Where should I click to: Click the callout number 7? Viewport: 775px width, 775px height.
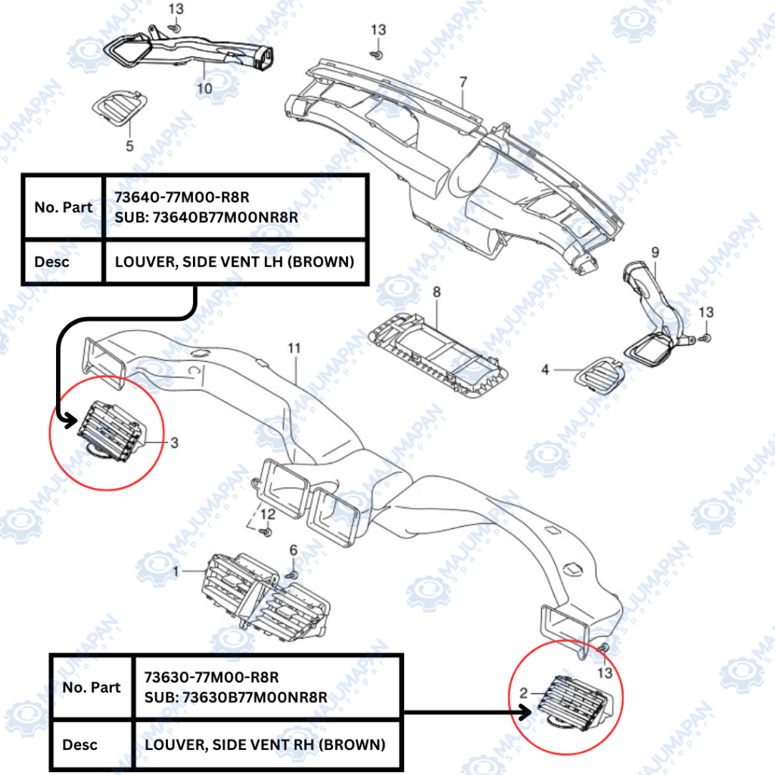coord(463,81)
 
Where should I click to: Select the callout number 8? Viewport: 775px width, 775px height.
coord(436,291)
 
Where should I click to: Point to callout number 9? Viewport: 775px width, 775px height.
coord(655,251)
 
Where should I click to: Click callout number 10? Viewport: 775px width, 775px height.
coord(204,88)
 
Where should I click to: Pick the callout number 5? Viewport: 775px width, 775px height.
coord(129,145)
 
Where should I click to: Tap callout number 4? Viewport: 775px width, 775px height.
coord(545,370)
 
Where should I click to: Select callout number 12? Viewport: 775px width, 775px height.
coord(266,515)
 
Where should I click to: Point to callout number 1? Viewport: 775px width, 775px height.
coord(176,571)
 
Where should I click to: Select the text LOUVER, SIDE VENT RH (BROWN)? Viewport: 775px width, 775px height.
coord(265,745)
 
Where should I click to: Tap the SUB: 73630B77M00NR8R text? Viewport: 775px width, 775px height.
coord(235,696)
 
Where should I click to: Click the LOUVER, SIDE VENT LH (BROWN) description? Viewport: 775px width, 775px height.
coord(235,262)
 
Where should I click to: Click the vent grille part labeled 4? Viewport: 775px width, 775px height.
coord(602,371)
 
